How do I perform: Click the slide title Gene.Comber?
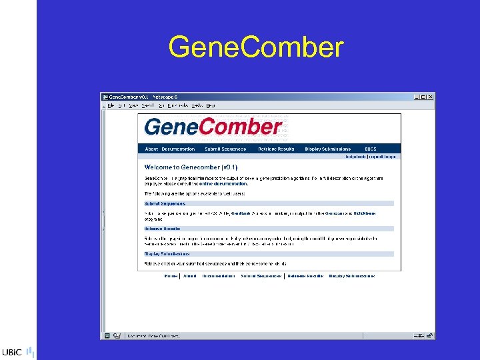[256, 48]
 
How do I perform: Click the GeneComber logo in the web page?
[213, 127]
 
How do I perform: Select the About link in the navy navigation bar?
[151, 149]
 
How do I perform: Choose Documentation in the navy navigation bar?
[178, 149]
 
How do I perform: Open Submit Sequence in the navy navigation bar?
[225, 149]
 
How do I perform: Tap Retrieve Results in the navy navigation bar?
[277, 149]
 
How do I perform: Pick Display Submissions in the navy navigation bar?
[327, 149]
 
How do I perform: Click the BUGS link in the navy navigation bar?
[371, 149]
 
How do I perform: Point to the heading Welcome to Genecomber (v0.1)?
[191, 167]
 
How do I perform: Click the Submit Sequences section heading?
[165, 203]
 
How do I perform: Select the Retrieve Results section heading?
[163, 228]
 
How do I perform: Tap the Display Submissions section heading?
[167, 253]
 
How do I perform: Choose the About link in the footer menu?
[190, 276]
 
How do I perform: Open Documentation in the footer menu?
[218, 276]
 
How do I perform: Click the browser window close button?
[431, 97]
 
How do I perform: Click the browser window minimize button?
[416, 97]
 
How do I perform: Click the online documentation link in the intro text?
[225, 183]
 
